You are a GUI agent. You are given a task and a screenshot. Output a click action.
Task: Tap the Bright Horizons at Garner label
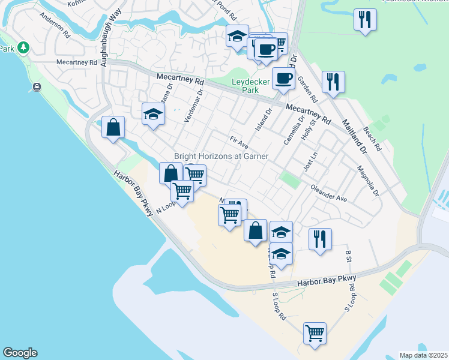click(221, 156)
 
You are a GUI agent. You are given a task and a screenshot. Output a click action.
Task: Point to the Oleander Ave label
click(329, 193)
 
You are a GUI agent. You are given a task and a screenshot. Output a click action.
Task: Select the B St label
click(348, 256)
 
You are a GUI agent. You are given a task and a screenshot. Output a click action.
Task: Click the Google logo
click(20, 353)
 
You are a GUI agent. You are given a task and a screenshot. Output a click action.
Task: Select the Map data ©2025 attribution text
click(424, 355)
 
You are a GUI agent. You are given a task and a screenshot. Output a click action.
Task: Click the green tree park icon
click(23, 47)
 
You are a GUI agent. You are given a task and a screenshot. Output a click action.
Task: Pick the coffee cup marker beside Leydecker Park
click(283, 78)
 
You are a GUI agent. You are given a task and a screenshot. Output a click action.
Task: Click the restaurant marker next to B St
click(320, 239)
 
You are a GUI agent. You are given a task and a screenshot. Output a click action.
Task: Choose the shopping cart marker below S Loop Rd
click(315, 332)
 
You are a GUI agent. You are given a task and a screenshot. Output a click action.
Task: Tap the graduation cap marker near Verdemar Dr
click(153, 114)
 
